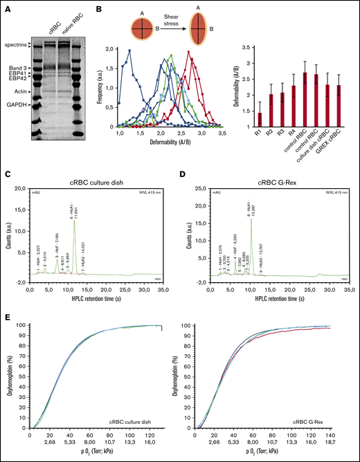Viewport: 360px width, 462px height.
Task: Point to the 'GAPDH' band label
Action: (15, 103)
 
